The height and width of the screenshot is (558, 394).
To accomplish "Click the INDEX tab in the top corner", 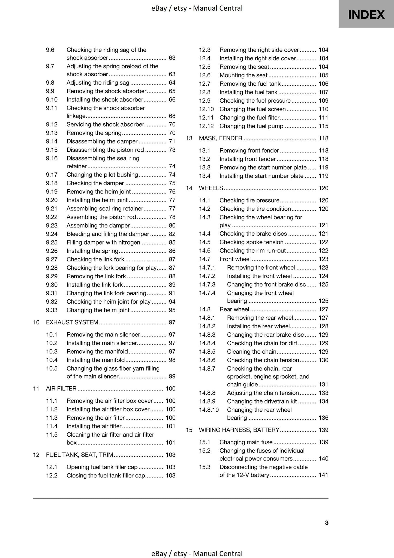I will tap(366, 14).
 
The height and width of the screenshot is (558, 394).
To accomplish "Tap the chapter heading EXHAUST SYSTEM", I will tap(72, 322).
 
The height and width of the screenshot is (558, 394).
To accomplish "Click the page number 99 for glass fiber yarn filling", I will tap(172, 376).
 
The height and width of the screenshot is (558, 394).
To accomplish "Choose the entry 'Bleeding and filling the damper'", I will tap(108, 234).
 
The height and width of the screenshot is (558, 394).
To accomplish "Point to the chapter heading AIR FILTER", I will tap(61, 389).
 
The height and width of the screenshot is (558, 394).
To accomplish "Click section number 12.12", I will tap(206, 126).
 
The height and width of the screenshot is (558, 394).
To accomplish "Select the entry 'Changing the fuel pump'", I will tap(251, 126).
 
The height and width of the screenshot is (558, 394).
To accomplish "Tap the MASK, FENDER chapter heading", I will tap(220, 138).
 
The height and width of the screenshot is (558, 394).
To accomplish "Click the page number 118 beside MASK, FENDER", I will tap(323, 138).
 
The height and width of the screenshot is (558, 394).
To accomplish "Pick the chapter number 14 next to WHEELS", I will tap(189, 188).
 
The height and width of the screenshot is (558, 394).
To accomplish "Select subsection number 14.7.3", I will tap(207, 284).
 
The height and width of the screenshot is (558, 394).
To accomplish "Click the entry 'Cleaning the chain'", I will tap(251, 351).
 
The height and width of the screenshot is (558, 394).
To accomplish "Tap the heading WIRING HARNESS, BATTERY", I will tap(239, 430).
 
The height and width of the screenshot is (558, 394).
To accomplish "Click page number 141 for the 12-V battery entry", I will tap(323, 475).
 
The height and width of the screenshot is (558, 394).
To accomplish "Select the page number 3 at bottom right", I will tap(327, 523).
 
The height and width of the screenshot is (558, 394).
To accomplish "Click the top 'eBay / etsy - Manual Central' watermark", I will tap(197, 8).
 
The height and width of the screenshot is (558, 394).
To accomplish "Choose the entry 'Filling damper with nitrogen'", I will tap(103, 242).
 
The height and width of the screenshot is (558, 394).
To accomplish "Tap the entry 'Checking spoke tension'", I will tap(251, 242).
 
